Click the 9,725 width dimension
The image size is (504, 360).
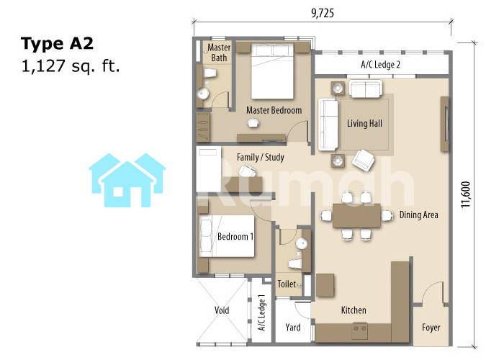tap(323, 13)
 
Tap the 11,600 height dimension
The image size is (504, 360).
tap(466, 194)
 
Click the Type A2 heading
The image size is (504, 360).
tap(57, 43)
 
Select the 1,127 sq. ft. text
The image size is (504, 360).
tap(70, 66)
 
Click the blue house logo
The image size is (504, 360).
tap(127, 180)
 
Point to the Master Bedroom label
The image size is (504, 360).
tap(274, 110)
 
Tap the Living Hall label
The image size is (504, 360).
tap(364, 123)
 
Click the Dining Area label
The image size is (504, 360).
tap(418, 215)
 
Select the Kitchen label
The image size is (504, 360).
tap(354, 310)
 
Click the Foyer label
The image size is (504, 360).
tap(431, 328)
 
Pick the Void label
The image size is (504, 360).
tap(222, 310)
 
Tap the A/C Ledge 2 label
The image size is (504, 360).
tap(381, 65)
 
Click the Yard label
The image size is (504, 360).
tap(293, 328)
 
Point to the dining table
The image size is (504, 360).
tap(356, 216)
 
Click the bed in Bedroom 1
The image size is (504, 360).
tap(227, 236)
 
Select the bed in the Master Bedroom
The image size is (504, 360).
tap(272, 71)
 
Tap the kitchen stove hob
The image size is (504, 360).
tap(360, 331)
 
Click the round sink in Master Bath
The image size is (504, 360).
tap(203, 94)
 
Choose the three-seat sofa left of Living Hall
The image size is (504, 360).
tap(328, 125)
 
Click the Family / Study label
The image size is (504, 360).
tap(261, 158)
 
